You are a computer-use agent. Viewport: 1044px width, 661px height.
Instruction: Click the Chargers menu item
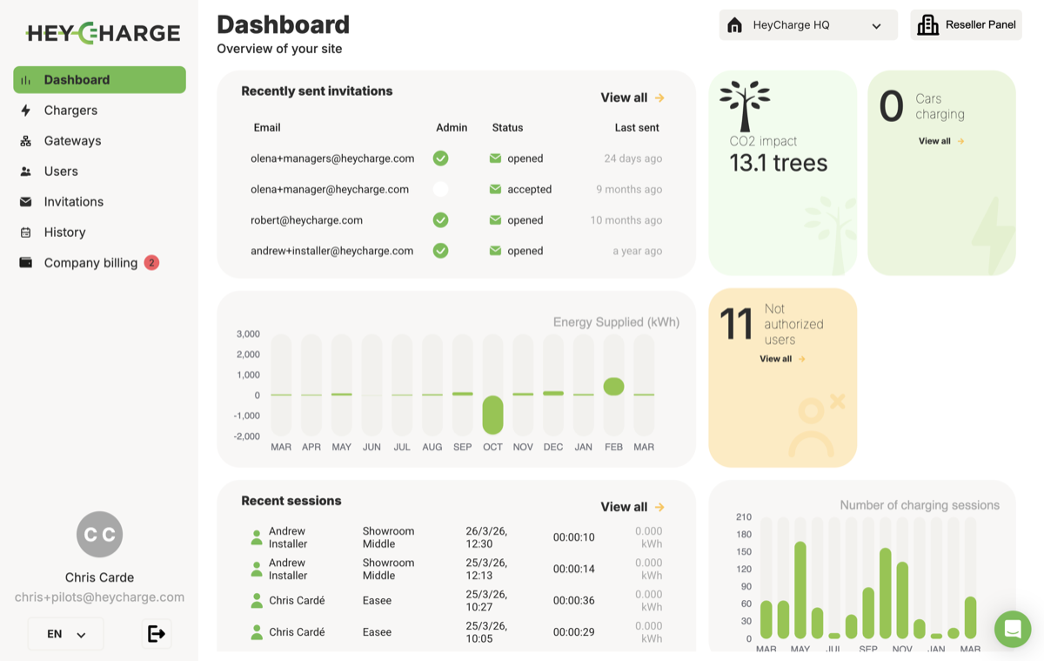70,111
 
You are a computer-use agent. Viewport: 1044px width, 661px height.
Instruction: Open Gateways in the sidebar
72,141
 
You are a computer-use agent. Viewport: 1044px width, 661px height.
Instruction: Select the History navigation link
64,233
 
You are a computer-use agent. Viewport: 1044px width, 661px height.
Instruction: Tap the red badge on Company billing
151,262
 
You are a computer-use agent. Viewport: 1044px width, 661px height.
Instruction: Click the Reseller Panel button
966,25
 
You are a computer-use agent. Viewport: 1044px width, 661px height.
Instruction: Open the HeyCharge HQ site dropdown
808,25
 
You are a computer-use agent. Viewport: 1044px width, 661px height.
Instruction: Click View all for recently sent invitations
632,98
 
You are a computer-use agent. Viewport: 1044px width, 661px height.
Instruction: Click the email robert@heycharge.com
306,220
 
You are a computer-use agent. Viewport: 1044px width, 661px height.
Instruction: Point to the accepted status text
529,189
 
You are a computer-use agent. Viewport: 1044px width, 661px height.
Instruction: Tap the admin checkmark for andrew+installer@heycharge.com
441,251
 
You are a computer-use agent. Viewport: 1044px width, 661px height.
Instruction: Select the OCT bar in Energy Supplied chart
492,415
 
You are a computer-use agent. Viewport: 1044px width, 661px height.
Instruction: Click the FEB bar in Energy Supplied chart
613,387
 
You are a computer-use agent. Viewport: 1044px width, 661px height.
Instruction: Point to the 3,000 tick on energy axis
248,334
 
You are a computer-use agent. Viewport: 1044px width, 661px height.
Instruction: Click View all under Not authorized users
782,359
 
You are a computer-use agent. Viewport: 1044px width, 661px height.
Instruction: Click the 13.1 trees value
779,163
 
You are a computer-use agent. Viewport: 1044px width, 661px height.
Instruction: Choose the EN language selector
66,634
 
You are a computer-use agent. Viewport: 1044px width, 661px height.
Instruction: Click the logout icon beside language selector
157,634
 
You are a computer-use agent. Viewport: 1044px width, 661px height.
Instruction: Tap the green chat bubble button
1013,629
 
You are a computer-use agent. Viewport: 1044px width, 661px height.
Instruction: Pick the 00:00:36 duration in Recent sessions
574,601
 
